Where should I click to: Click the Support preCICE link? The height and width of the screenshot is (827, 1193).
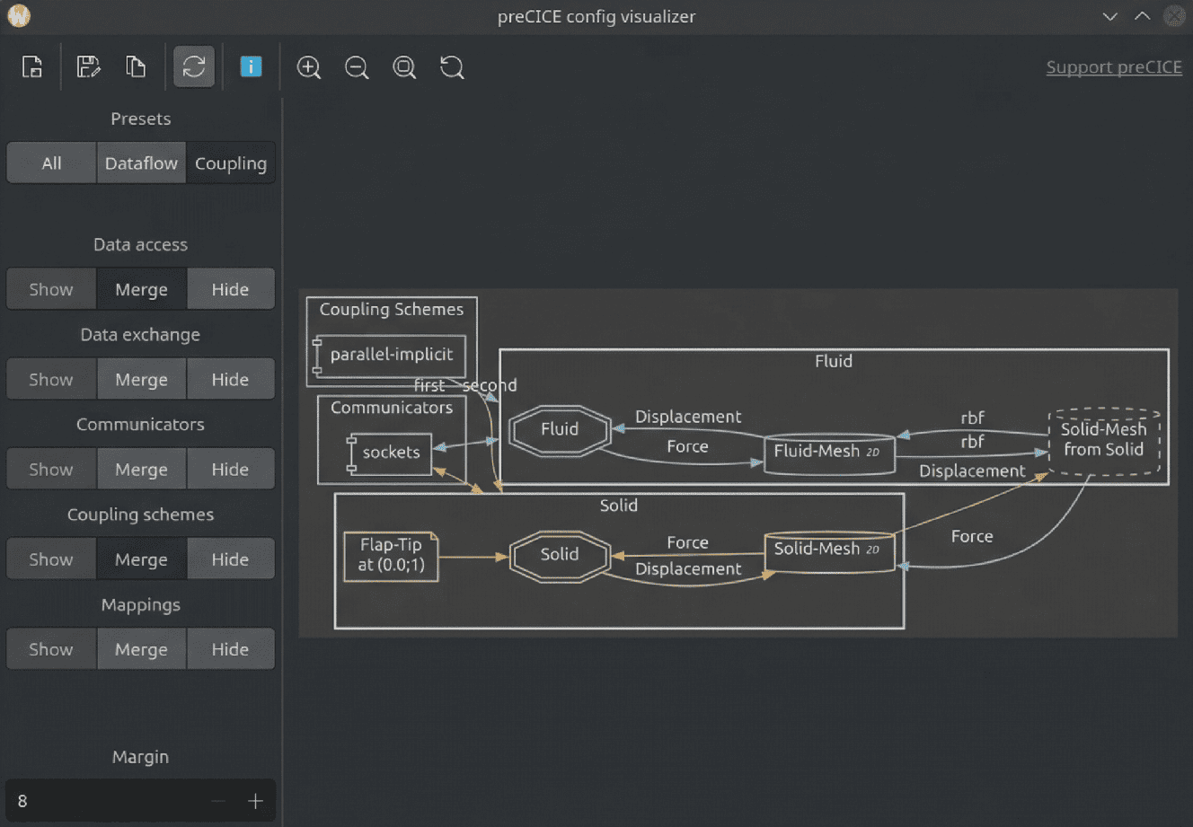1113,67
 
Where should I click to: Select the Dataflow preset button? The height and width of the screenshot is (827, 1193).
141,163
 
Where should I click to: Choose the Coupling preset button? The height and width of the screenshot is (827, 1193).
231,163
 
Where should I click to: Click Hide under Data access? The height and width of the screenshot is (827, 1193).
230,289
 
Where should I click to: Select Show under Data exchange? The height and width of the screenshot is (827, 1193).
51,379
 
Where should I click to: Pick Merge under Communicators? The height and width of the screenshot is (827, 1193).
141,469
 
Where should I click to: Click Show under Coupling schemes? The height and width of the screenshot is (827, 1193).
51,559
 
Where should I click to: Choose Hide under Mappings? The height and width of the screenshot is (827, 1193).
230,648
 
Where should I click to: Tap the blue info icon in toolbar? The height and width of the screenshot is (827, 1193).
251,66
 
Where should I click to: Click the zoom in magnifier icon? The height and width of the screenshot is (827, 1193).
309,67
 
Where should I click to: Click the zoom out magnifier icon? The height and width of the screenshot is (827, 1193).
357,67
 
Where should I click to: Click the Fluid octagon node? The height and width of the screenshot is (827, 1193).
560,430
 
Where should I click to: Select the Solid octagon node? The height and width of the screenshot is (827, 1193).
560,555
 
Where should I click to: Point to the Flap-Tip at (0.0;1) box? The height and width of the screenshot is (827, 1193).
391,556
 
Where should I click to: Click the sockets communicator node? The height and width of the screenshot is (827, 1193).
391,453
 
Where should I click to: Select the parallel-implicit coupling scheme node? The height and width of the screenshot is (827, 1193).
391,355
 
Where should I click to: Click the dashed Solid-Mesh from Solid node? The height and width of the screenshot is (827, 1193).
1103,440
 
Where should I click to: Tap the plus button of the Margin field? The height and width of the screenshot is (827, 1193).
255,801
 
